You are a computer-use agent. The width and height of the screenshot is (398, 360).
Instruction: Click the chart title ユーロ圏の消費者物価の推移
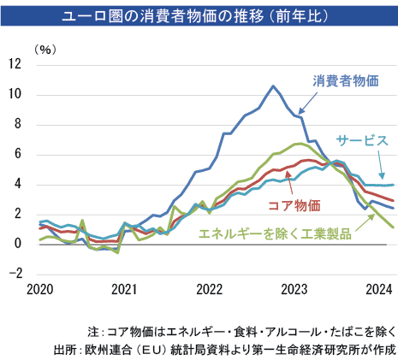click(x=199, y=16)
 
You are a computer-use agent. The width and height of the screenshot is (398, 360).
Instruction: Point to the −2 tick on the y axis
click(x=15, y=274)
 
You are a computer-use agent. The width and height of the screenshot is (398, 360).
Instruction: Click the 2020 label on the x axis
click(x=39, y=288)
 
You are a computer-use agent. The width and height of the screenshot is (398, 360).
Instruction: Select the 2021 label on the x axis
click(x=124, y=288)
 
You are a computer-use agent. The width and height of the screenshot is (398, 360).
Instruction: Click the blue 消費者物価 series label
click(x=346, y=80)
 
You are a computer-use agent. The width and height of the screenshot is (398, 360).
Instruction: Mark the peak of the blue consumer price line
click(x=273, y=86)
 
